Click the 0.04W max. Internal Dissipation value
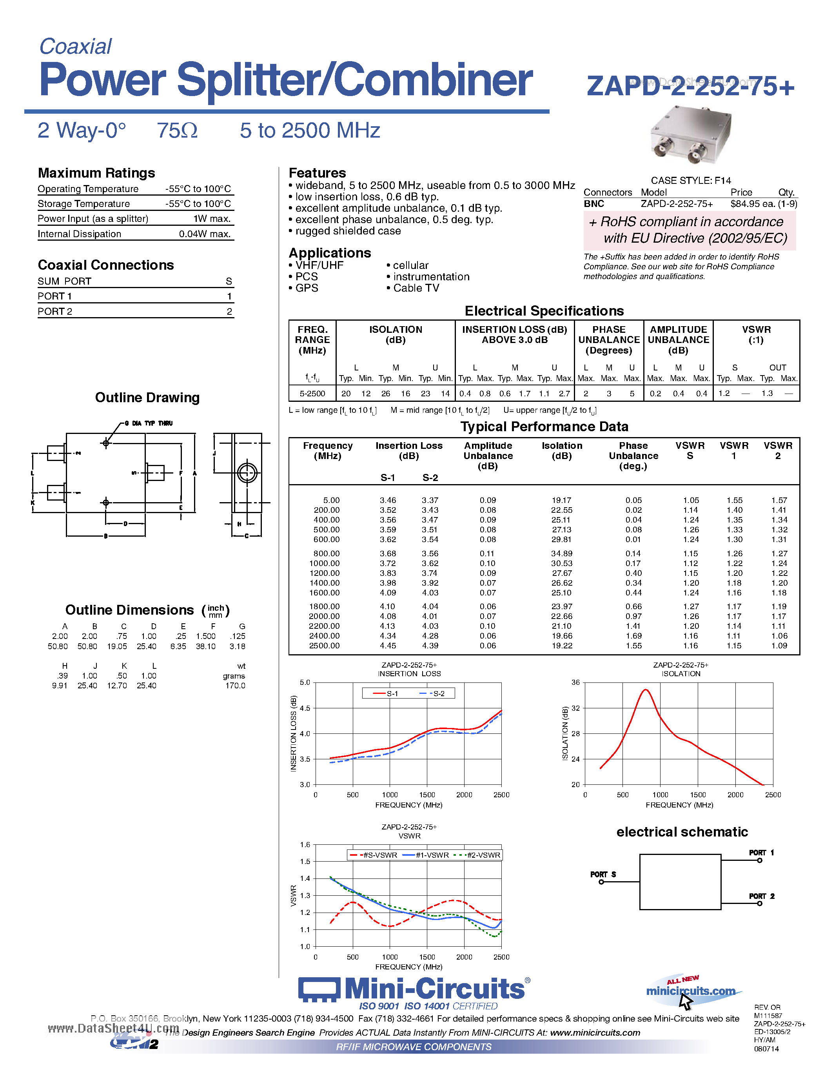205,234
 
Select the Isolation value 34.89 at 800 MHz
562,554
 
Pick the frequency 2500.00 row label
324,646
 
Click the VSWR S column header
690,450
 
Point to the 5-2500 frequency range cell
312,394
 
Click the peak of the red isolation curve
646,690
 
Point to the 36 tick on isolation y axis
575,682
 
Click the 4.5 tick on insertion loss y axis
305,708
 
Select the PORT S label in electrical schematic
603,874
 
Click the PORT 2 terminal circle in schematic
759,903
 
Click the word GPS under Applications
307,288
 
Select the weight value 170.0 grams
235,686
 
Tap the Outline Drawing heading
147,398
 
